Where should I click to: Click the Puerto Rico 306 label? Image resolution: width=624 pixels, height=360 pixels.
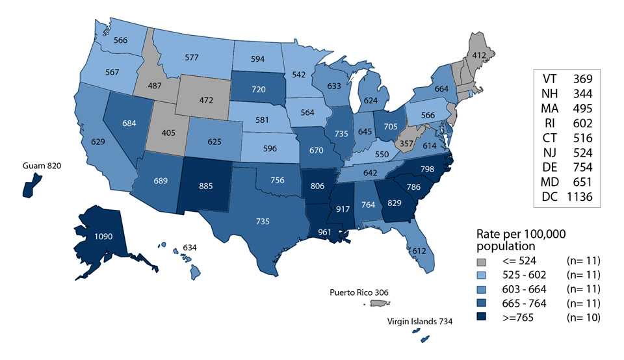point(370,292)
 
